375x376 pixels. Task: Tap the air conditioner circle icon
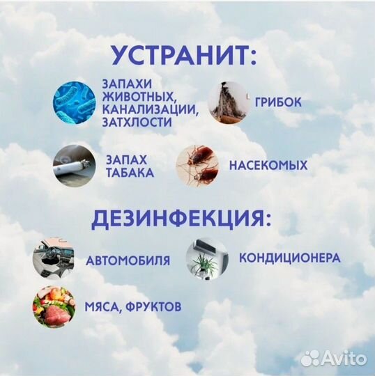coord(206,258)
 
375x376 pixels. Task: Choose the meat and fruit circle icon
coord(51,307)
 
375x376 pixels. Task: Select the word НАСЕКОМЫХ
coord(268,166)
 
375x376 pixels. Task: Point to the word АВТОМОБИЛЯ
coord(128,261)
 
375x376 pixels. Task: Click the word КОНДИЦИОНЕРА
coord(289,258)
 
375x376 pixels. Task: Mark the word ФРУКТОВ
coord(155,306)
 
